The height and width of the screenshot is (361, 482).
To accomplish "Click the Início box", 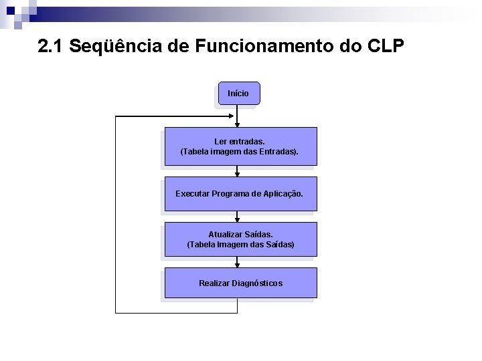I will [238, 94].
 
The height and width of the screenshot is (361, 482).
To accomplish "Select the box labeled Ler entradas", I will [240, 146].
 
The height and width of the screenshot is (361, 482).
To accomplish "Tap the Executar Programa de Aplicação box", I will [240, 194].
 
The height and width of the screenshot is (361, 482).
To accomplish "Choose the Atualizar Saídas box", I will [240, 240].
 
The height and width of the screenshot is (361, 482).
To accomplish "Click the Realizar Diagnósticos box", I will [240, 283].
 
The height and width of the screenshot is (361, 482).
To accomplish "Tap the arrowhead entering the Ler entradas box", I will [238, 124].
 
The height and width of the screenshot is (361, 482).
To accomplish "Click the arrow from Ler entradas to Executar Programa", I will [238, 172].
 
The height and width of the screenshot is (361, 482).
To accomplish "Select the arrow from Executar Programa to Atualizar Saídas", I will [238, 218].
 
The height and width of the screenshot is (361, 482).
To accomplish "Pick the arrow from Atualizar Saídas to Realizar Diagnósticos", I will [238, 263].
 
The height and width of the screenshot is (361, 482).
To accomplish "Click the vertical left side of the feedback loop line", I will [116, 214].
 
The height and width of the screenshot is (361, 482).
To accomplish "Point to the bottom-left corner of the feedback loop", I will [116, 312].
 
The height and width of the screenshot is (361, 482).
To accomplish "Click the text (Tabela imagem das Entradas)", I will [240, 152].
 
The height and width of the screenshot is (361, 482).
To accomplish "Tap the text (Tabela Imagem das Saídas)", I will [240, 245].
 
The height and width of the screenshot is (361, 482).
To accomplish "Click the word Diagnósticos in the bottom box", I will [257, 283].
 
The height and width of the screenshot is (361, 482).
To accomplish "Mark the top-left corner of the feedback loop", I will [116, 116].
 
